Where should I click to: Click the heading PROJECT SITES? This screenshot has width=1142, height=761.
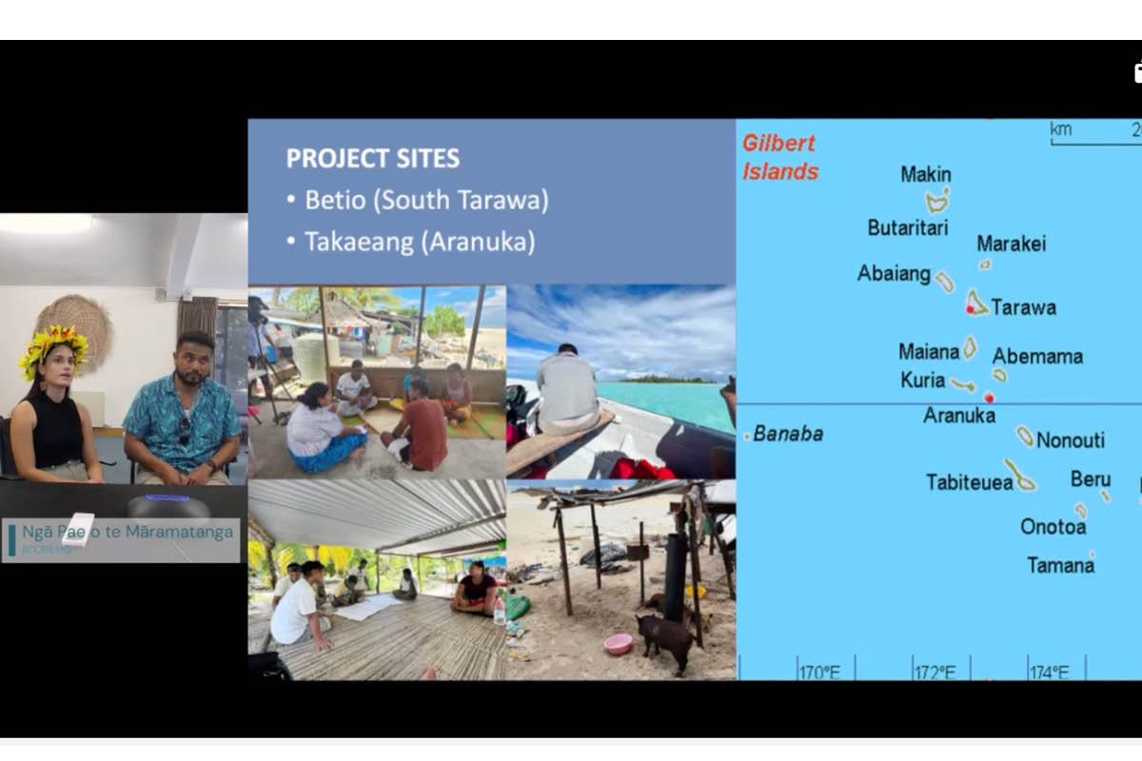point(373,158)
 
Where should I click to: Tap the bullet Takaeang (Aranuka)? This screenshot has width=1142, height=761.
point(419,242)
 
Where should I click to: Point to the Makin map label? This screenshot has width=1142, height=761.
point(925,175)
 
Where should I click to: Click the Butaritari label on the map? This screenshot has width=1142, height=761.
point(907,228)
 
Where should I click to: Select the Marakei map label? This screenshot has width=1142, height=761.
point(1011,244)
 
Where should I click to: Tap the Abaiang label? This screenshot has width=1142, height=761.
point(894,274)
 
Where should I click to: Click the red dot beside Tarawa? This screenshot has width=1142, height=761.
point(970,309)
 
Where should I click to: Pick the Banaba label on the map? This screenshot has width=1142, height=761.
point(788,435)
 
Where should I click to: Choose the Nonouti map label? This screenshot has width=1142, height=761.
point(1071,440)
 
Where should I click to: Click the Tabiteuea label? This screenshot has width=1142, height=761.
point(970,482)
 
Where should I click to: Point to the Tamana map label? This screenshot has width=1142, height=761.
point(1060,566)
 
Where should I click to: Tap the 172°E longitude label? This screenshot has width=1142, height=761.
point(935,673)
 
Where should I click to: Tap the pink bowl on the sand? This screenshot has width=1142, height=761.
point(618,644)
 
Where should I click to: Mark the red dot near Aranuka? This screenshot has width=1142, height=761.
point(989,398)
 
